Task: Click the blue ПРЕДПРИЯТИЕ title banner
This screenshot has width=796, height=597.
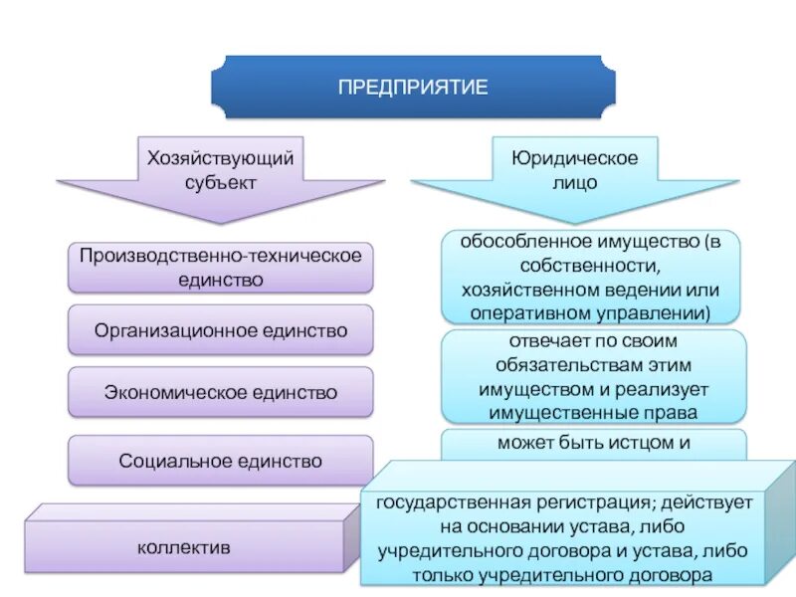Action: (412, 88)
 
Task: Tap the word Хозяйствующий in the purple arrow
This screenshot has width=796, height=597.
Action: (220, 159)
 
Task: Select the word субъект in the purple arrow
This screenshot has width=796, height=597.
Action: (220, 182)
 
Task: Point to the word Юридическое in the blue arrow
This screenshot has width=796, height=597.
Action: (574, 159)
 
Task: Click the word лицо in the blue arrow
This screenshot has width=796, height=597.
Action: (574, 183)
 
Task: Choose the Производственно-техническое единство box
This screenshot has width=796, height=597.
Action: (220, 268)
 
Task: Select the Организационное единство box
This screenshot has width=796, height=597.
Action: (220, 330)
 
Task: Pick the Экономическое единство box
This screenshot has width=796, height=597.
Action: (220, 392)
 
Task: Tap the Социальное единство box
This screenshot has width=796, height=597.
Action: (220, 461)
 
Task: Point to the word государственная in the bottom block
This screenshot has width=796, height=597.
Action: (445, 502)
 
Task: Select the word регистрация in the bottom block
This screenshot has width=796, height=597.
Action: (568, 502)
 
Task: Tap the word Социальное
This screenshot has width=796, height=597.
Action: (174, 461)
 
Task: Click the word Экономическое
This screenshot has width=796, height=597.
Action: (168, 392)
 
